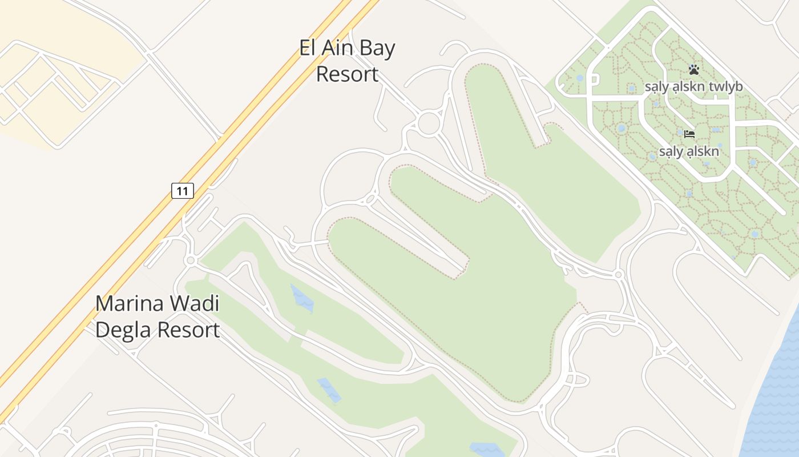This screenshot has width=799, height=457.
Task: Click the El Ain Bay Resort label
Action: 347,61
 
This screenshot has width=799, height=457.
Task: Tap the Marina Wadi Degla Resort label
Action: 158,316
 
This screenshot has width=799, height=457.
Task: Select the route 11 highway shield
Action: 183,191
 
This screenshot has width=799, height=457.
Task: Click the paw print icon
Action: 693,70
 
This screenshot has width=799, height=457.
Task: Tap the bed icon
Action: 689,135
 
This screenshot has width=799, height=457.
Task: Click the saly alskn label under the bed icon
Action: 689,152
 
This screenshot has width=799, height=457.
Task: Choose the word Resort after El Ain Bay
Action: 347,74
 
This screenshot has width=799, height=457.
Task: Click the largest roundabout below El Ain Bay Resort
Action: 429,123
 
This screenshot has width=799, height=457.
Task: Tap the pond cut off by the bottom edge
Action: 486,450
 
